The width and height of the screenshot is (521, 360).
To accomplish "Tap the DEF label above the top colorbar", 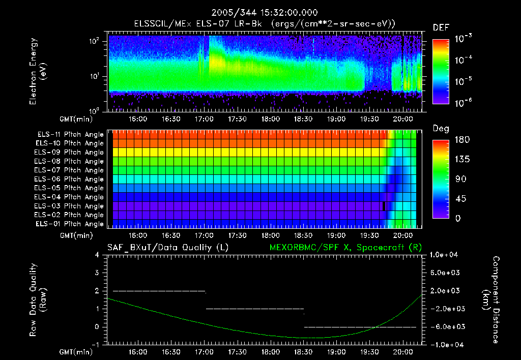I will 441,27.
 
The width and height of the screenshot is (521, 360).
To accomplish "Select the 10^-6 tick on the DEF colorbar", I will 465,103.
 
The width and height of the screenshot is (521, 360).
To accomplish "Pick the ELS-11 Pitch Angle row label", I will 70,135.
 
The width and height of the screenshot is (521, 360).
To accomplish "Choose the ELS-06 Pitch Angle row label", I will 70,179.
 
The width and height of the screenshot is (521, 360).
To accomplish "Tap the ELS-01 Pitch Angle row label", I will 70,224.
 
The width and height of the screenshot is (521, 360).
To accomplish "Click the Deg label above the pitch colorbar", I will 441,129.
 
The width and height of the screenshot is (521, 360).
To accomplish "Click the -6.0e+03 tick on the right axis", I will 446,326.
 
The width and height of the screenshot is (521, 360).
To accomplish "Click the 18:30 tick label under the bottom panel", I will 304,352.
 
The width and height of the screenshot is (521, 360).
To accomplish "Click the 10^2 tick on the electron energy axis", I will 96,41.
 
